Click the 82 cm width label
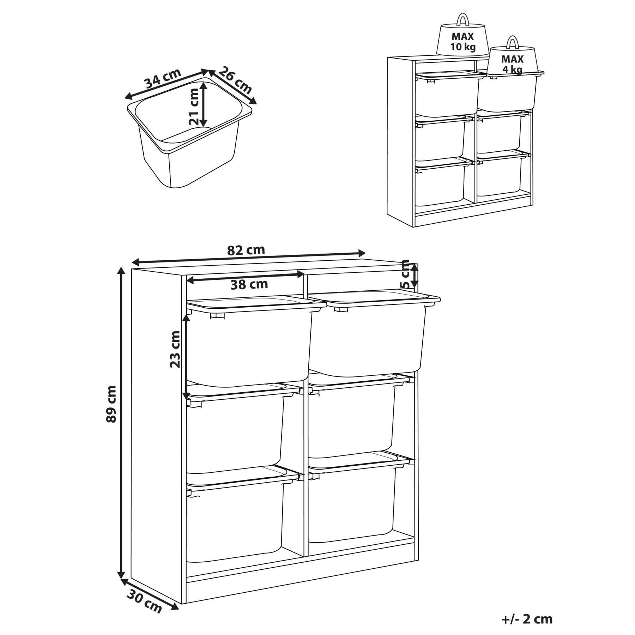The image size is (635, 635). click(x=246, y=250)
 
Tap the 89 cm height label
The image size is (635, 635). click(x=111, y=404)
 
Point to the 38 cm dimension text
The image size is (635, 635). click(x=249, y=284)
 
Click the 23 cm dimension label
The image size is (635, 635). click(x=175, y=349)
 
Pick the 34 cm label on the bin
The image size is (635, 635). click(x=163, y=78)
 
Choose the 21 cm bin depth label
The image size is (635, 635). click(x=194, y=107)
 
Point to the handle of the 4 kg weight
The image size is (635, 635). click(x=512, y=42)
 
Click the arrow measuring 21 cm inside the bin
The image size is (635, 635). click(x=204, y=104)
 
